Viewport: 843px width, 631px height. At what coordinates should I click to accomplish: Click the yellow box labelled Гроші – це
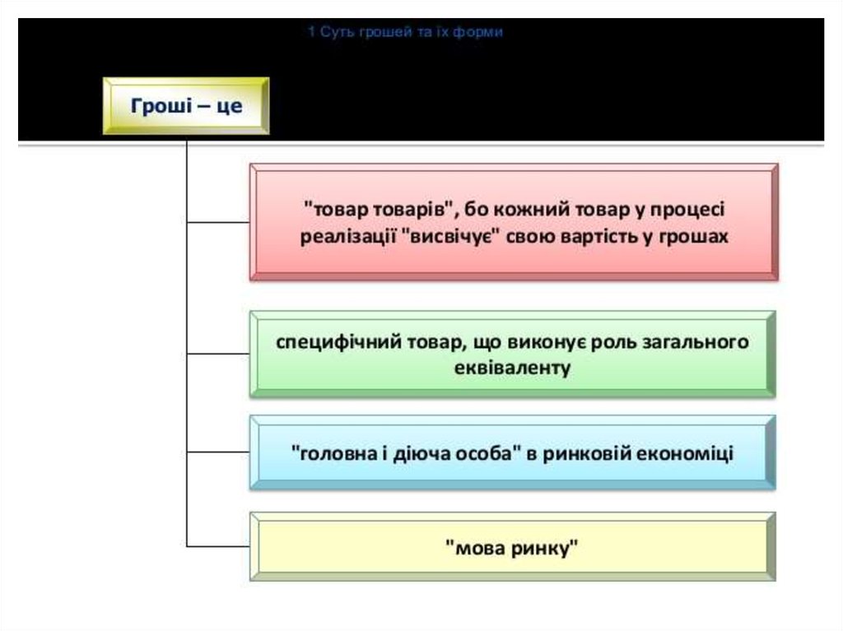tap(186, 106)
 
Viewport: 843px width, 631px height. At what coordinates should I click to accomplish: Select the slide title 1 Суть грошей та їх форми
tap(405, 32)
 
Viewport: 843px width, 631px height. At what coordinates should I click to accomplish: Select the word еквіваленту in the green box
tap(512, 368)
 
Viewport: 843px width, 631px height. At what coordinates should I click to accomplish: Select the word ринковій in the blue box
tap(581, 453)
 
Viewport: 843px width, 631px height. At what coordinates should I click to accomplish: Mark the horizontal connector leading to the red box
tap(218, 222)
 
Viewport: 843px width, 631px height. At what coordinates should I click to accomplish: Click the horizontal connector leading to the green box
tap(218, 355)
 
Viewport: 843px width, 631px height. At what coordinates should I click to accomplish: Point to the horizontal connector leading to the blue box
tap(218, 452)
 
